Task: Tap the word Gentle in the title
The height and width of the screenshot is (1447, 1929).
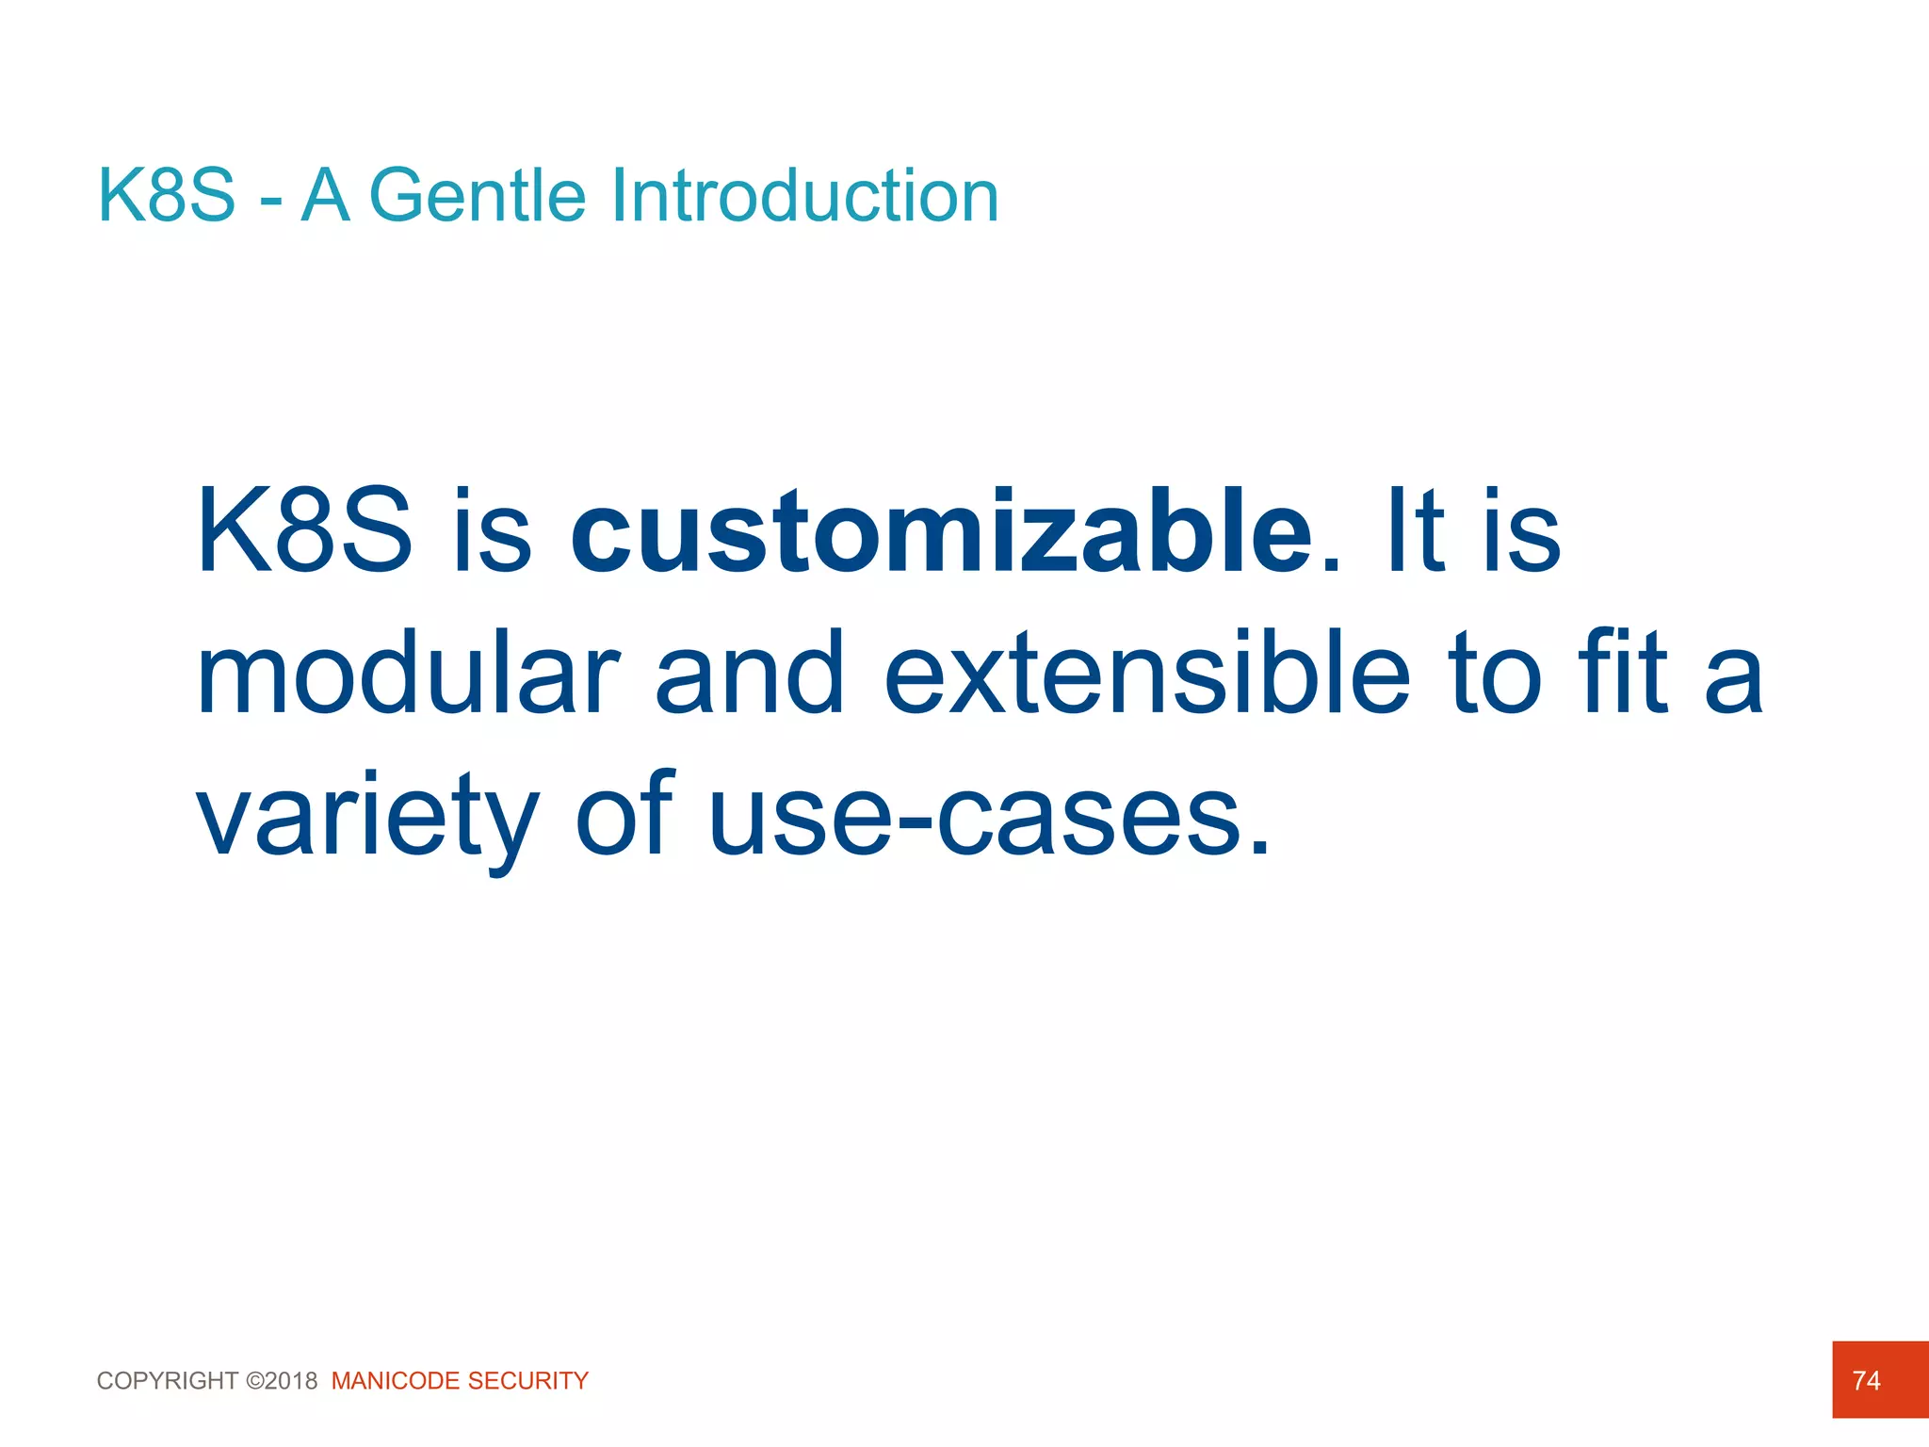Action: pos(478,196)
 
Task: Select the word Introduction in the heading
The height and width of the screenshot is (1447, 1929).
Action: pos(805,196)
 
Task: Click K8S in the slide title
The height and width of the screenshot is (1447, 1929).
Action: pos(167,196)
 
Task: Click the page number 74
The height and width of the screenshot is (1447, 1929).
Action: pos(1866,1380)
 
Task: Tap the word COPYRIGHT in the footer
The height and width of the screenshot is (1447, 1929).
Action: pos(168,1381)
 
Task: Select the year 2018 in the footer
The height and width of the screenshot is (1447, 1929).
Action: pos(292,1381)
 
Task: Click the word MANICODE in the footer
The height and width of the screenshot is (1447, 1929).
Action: pos(396,1381)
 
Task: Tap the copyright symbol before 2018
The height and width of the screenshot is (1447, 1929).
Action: pos(254,1381)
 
